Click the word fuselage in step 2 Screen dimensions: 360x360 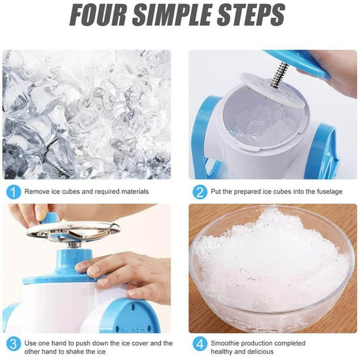(327, 191)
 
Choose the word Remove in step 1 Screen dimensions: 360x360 (37, 191)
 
